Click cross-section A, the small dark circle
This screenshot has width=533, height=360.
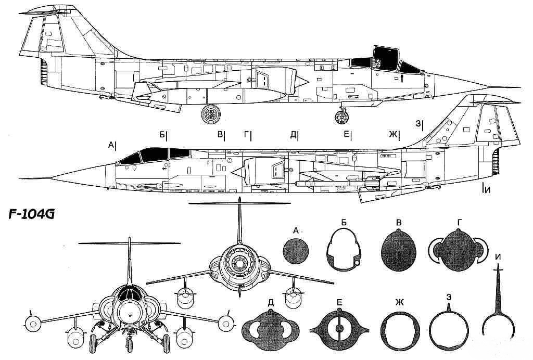[x=296, y=251]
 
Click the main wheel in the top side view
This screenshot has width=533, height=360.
[x=211, y=114]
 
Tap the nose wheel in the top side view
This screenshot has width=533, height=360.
[x=341, y=117]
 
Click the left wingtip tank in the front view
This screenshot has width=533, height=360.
[x=33, y=324]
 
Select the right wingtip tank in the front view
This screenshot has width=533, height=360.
[x=225, y=324]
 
